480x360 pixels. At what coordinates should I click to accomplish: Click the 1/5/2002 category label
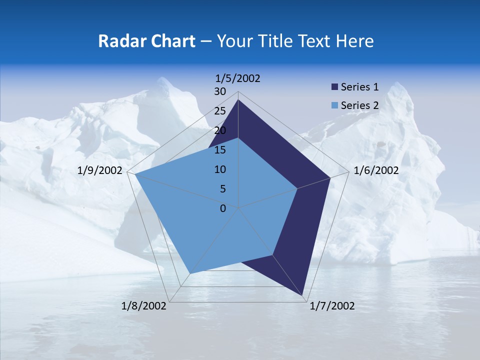click(238, 78)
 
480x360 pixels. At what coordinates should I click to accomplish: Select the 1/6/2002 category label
click(376, 170)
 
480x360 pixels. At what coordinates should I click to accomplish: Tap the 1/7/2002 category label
click(332, 306)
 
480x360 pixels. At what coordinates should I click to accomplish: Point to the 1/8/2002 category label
click(144, 306)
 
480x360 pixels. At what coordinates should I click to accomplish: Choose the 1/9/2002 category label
click(100, 170)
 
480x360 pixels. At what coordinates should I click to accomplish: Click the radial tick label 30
click(220, 91)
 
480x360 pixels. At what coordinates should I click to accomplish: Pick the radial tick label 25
click(220, 111)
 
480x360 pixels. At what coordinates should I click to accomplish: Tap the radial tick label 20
click(220, 130)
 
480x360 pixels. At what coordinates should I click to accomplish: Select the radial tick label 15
click(220, 150)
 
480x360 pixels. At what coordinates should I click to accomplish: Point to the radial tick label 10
click(220, 169)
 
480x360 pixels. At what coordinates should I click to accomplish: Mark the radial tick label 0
click(223, 208)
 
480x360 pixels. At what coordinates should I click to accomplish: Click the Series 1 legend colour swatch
click(335, 87)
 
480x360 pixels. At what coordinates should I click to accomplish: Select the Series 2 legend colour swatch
click(335, 105)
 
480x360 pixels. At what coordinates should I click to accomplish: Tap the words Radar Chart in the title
click(146, 41)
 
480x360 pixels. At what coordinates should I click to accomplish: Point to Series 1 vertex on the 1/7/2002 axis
click(303, 296)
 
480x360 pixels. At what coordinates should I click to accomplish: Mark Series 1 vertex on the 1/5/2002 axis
click(238, 99)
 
